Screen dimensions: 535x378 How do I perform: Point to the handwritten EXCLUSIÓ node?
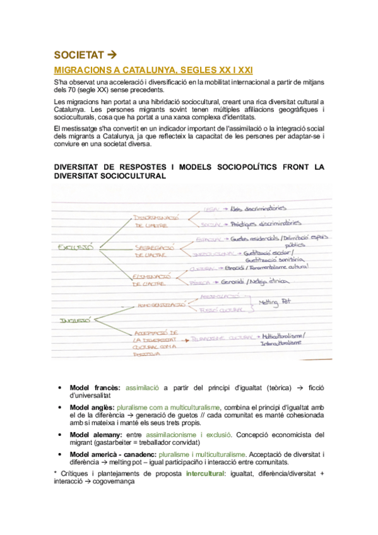point(75,247)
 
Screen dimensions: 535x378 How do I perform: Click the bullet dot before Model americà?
point(59,455)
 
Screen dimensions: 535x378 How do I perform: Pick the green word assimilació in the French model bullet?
point(143,387)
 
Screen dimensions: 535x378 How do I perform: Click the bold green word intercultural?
point(206,473)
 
